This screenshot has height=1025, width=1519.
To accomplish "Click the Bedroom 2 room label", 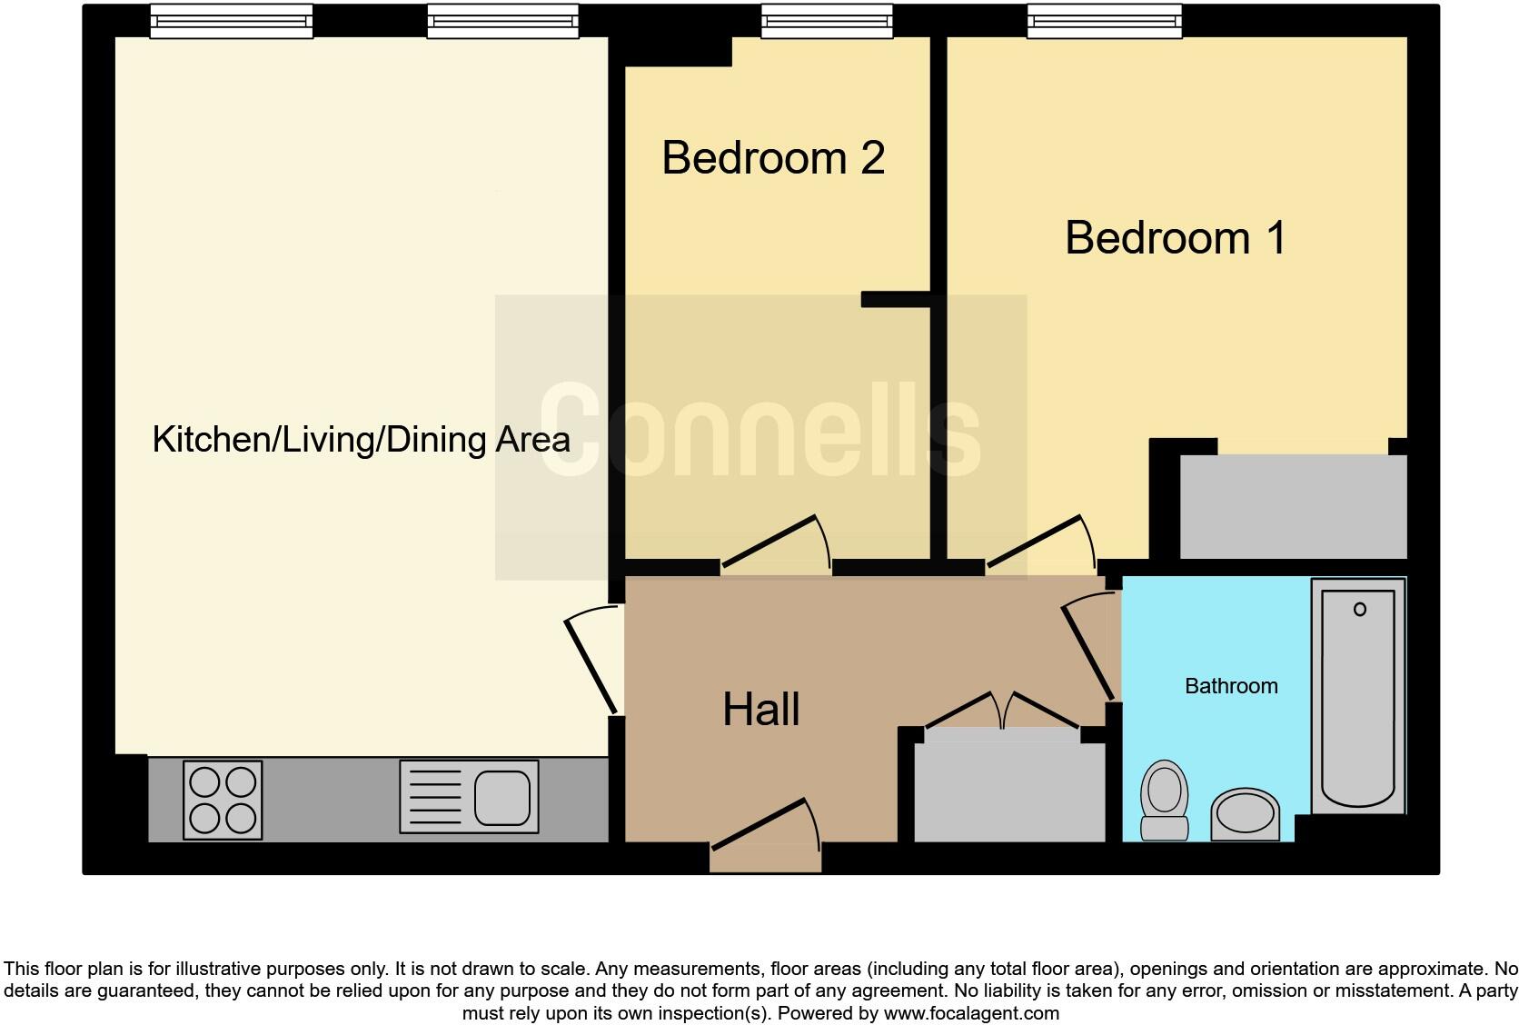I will click(773, 158).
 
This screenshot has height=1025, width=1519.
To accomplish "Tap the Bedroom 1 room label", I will click(1176, 238).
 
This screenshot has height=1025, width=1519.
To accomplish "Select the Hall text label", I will click(761, 710).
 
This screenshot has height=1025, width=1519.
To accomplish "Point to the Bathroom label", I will click(1231, 686).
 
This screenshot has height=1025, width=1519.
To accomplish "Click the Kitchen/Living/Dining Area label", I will click(361, 440).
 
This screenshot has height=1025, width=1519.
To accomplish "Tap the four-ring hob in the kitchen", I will click(223, 800).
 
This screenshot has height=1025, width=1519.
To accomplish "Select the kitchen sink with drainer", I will click(469, 798).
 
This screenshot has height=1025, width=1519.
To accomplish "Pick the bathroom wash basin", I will click(1246, 812).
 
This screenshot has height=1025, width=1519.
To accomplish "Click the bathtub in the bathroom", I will click(1358, 695).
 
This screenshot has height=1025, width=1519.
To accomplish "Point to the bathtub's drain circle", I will click(1360, 609).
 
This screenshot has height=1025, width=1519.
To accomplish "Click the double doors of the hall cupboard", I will click(1001, 710).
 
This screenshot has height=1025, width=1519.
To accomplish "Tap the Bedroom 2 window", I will click(827, 21).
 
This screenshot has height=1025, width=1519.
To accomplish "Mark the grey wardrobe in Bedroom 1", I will click(1293, 506).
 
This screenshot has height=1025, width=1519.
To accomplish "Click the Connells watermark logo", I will click(760, 431).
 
